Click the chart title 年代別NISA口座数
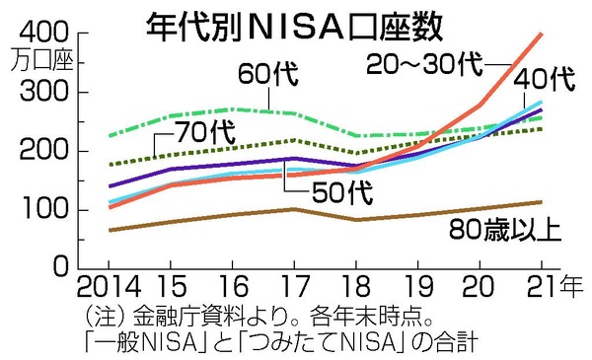294,28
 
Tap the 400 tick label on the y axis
44,33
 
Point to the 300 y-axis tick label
44,92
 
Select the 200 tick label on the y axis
44,151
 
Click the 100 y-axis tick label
45,209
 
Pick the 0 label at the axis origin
61,266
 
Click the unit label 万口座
41,59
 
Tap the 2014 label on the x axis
110,286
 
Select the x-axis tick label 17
294,286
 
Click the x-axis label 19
417,286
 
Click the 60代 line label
268,74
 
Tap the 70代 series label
205,132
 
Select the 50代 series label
342,192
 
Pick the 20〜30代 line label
424,63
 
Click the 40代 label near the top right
545,79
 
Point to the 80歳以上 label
505,229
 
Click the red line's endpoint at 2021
542,34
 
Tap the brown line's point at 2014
111,230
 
